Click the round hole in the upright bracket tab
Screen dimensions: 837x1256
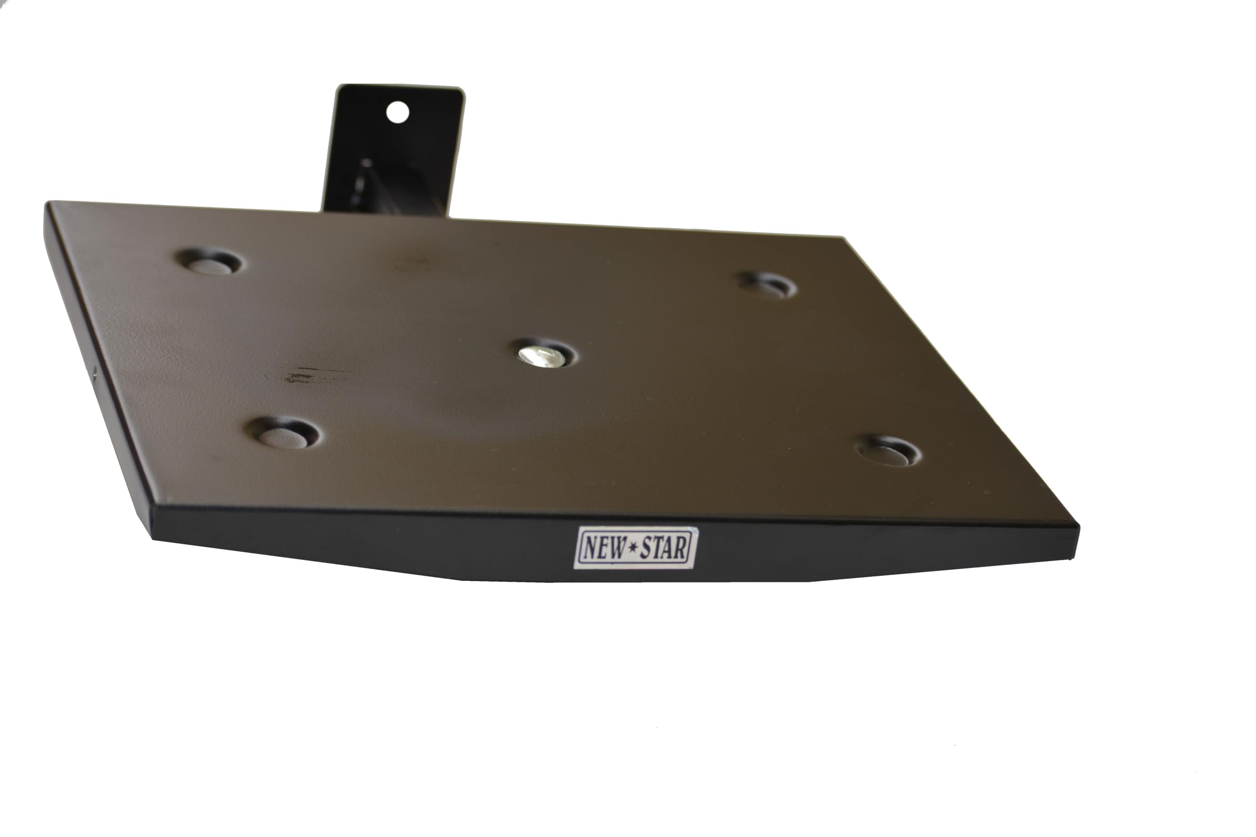[397, 113]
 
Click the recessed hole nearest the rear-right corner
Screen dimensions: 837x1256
[767, 285]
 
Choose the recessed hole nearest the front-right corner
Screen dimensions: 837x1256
[889, 451]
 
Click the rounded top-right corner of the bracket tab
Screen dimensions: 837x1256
[460, 94]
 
